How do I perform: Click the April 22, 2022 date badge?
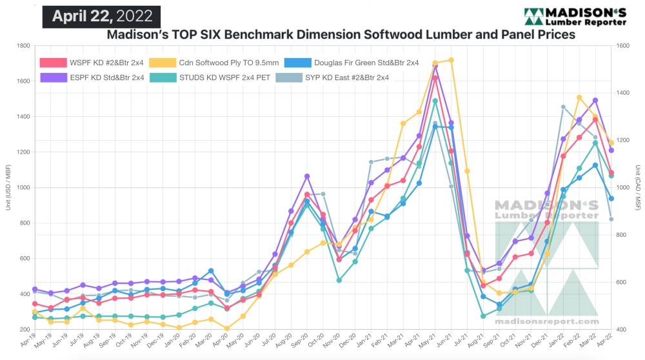(101, 16)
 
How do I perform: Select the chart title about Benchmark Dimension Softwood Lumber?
(341, 35)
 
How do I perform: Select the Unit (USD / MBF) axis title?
(8, 187)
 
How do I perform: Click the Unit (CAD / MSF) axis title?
(637, 187)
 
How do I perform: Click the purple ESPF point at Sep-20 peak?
(307, 176)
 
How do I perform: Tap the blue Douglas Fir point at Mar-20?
(211, 271)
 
